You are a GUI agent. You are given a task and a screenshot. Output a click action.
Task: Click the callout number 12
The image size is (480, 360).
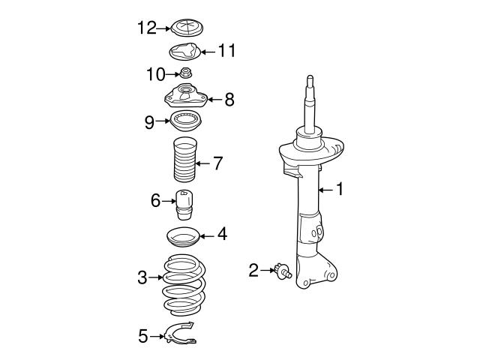tap(146, 28)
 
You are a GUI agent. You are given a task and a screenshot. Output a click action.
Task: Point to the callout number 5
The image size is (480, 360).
tap(143, 336)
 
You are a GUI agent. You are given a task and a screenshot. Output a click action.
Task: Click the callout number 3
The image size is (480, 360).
tap(142, 278)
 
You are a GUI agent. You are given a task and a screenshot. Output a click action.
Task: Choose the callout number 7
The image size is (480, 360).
tap(217, 163)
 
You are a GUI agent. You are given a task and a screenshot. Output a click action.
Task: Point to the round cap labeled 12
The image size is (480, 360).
tap(183, 29)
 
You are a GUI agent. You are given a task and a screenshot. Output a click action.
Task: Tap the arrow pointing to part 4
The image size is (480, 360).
tap(206, 235)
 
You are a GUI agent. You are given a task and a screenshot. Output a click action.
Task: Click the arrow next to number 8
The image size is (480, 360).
tap(212, 98)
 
